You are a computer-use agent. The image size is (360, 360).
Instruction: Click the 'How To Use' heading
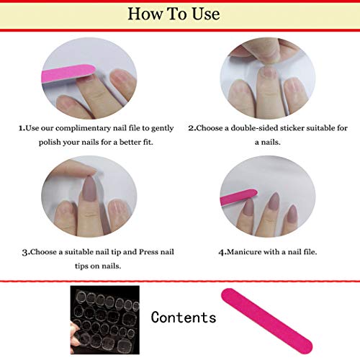(179, 14)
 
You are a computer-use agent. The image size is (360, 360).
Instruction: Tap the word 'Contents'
(184, 318)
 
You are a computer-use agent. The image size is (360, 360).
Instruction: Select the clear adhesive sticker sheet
(104, 315)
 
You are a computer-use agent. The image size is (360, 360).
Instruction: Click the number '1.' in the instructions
(22, 128)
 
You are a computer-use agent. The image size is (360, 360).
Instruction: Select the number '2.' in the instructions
(192, 128)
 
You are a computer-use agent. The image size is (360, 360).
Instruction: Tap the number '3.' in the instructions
(25, 252)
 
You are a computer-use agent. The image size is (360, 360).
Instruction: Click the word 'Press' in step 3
(144, 252)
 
